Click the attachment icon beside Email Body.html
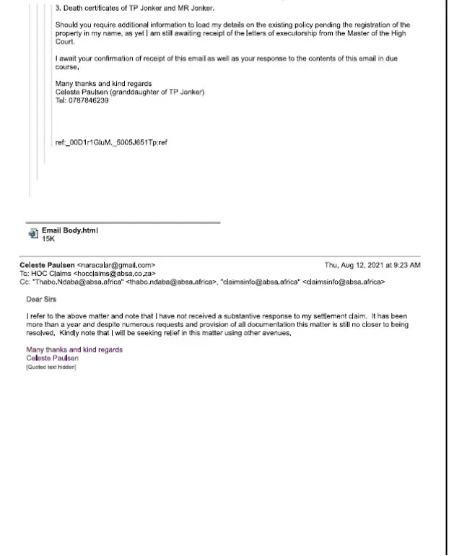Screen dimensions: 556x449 tap(32, 233)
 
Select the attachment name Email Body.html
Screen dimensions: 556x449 tap(69, 230)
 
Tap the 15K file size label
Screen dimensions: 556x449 tap(48, 238)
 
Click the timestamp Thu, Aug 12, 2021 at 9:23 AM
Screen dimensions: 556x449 tap(372, 265)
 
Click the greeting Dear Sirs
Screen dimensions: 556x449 tap(41, 299)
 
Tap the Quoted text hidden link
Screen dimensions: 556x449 tap(51, 368)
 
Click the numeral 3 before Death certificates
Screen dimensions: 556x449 tap(57, 8)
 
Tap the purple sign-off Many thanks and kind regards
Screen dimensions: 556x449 tap(74, 349)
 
